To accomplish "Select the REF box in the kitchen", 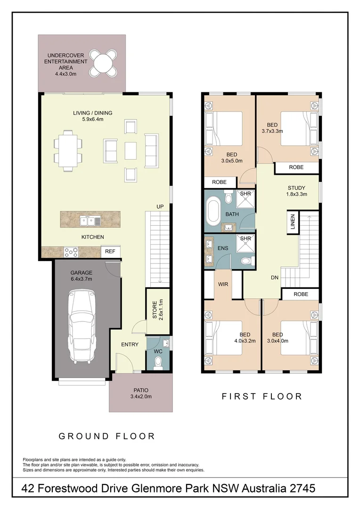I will pos(110,252).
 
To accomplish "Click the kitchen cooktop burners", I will pos(71,252).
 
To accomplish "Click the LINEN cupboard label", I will pos(293,223).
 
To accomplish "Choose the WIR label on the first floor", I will pos(223,284).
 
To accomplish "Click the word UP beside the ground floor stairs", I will pos(161,207).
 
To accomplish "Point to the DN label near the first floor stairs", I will pos(275,278).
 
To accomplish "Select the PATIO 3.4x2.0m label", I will pos(140,393).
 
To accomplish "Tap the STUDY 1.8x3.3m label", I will pos(297,191).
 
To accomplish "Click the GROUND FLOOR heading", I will pos(106,436).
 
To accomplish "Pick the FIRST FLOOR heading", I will pos(262,396).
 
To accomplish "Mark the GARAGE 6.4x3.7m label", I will pos(82,276).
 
